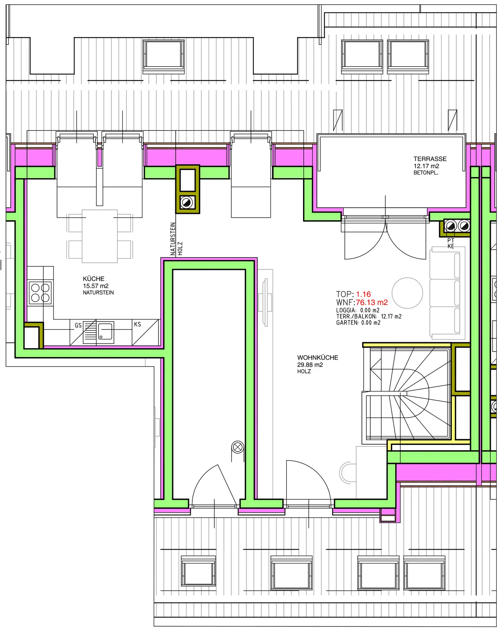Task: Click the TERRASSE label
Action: point(430,159)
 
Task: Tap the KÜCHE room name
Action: point(94,278)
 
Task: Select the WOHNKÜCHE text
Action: point(318,357)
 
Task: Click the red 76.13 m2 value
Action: point(372,302)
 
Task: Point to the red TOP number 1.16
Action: point(363,294)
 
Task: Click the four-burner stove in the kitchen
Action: point(41,293)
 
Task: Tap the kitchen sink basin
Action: point(105,332)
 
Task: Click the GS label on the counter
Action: point(78,325)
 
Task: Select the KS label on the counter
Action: point(137,324)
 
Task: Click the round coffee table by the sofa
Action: point(407,293)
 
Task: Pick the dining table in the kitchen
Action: point(100,236)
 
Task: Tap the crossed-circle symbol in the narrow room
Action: point(238,447)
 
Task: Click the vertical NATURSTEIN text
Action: point(173,239)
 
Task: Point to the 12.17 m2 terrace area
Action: point(426,166)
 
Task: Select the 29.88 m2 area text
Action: point(310,365)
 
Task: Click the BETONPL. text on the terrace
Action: point(426,173)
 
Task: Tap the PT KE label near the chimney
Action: point(451,243)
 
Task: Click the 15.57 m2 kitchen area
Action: point(96,286)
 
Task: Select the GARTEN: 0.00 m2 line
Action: point(358,323)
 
